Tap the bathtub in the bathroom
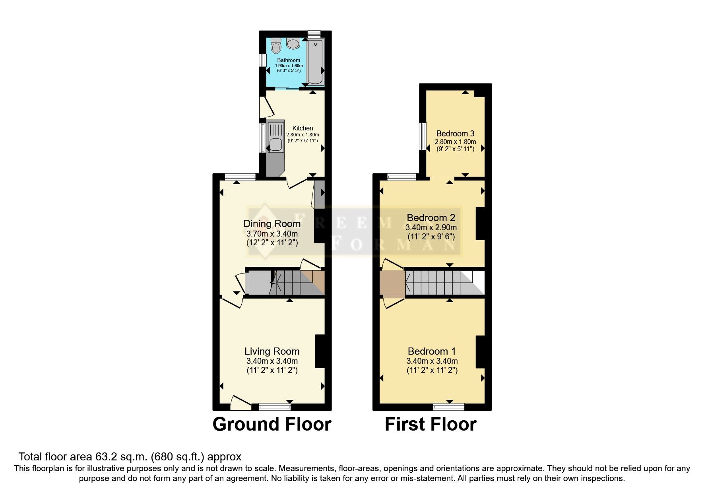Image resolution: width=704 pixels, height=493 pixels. (x=316, y=61)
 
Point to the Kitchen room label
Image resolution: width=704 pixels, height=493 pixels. (x=303, y=128)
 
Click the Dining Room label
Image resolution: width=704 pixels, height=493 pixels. (x=272, y=223)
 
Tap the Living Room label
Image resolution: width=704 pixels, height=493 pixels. (x=272, y=351)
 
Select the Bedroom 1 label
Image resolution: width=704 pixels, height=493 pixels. (x=432, y=351)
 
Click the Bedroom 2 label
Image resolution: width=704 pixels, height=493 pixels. (x=431, y=217)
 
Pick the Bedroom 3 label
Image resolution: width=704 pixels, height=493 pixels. (x=455, y=134)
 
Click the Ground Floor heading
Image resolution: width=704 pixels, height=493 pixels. (x=272, y=424)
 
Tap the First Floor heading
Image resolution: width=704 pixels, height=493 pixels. (x=431, y=424)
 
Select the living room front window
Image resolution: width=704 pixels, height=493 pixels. (x=275, y=406)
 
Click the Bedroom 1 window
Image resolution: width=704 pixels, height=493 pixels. (x=449, y=406)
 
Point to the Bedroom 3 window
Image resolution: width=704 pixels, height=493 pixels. (x=423, y=136)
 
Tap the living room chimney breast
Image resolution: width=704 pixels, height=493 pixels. (x=320, y=351)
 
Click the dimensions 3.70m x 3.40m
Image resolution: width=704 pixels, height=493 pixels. (x=272, y=233)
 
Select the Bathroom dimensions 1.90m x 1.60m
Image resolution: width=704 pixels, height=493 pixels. (x=289, y=66)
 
